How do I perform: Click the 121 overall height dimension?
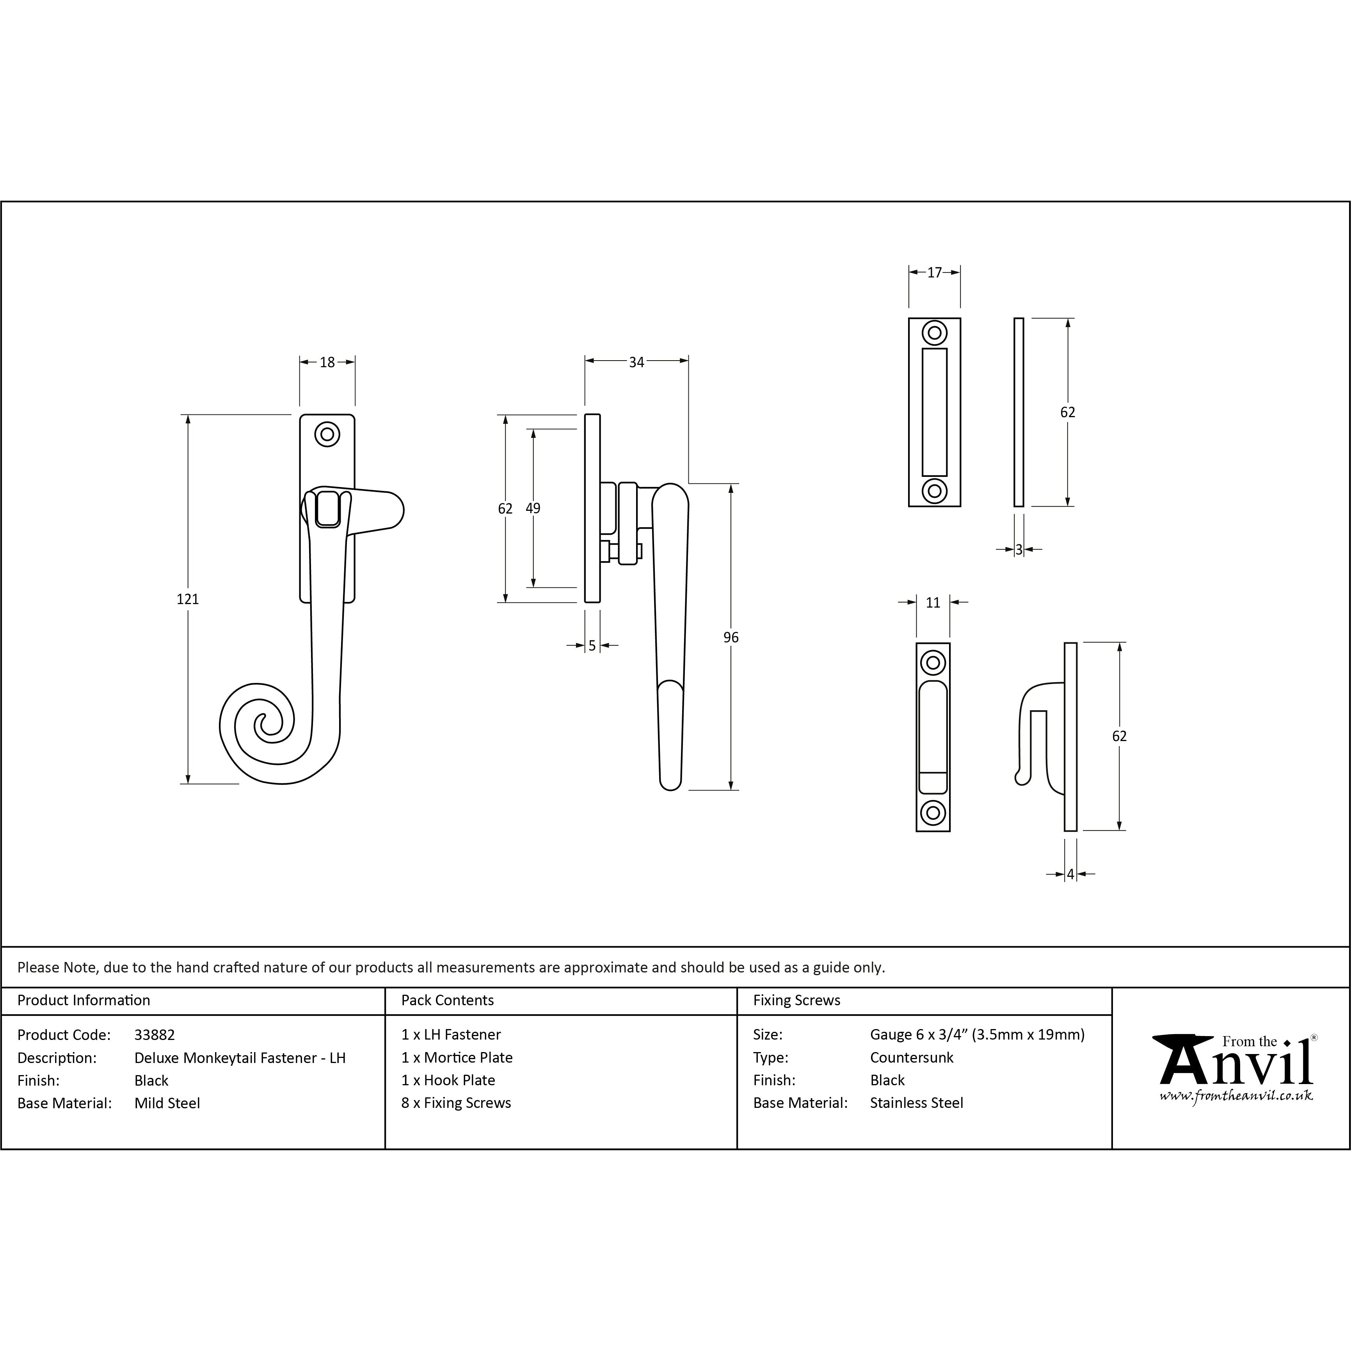pos(187,599)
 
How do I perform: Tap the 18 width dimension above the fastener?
pos(327,362)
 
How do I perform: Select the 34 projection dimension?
pos(636,362)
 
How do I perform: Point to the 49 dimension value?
pos(533,508)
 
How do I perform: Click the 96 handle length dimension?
pos(731,637)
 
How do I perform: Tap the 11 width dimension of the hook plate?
pos(933,603)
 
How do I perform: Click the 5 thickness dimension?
pos(592,645)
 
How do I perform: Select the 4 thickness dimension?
pos(1070,874)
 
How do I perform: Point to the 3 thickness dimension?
pos(1019,549)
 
